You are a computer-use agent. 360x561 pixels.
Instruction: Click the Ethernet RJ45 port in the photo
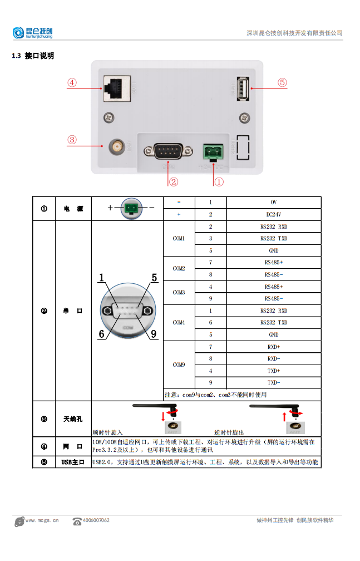coord(117,88)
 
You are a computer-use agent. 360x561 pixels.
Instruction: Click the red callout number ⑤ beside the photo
coord(282,82)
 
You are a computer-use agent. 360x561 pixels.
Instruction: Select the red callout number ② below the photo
coord(174,181)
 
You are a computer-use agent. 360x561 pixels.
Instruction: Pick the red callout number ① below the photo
coord(219,181)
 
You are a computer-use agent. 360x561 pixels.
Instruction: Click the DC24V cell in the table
coord(274,214)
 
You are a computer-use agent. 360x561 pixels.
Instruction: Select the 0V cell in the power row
coord(274,203)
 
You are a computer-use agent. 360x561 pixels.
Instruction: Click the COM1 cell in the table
coord(179,239)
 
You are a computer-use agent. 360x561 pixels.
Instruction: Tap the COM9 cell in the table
coord(179,365)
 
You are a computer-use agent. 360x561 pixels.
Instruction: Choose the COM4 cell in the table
coord(179,322)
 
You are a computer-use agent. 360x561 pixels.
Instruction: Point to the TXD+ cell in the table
coord(274,371)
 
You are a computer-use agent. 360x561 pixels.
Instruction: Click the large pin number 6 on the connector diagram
coord(102,334)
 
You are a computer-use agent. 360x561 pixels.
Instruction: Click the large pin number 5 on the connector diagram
coord(154,277)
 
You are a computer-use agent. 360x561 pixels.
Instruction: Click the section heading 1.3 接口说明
coord(33,56)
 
